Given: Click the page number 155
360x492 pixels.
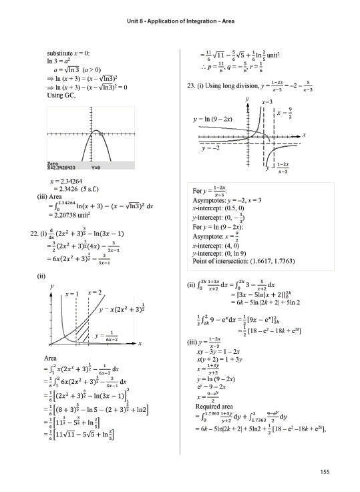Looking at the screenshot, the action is (324, 473).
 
